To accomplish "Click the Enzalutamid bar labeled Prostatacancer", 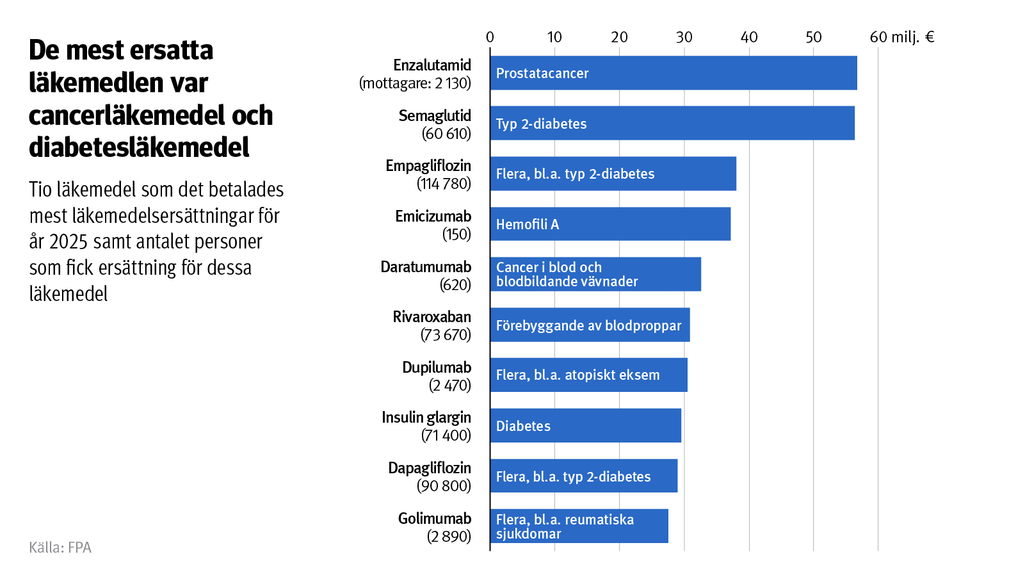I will tap(672, 73).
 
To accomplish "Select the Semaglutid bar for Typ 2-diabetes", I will tap(672, 123).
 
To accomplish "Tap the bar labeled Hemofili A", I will tap(610, 224).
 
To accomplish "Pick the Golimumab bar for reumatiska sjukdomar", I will tap(579, 526).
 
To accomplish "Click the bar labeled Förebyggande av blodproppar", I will tap(590, 325).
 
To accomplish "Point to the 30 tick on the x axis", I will tap(684, 37).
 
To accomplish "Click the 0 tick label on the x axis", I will tap(490, 37).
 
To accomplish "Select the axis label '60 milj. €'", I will tap(901, 37).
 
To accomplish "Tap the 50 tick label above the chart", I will tap(813, 37).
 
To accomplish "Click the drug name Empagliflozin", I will tap(428, 166).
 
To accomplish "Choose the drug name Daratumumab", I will tap(426, 266).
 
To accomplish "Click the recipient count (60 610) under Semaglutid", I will tap(446, 134).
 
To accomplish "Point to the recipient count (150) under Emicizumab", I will tap(456, 234).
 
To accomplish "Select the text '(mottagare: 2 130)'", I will tap(415, 83).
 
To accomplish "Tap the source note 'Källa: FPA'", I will tap(60, 548).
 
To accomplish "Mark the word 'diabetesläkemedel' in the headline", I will tap(139, 148).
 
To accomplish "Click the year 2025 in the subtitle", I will tap(68, 242).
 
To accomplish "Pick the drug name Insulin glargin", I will tap(426, 418).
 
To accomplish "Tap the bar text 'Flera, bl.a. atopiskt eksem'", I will tap(577, 375).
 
